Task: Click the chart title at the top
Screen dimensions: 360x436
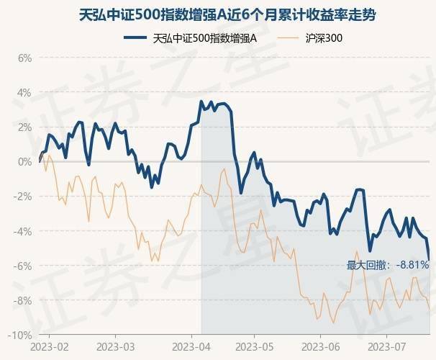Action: pos(217,14)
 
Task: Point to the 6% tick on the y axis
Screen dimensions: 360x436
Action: pos(24,58)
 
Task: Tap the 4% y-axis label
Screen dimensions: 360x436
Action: pos(24,92)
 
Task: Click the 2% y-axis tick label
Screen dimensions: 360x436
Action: pos(24,127)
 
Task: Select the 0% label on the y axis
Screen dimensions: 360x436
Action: pos(24,161)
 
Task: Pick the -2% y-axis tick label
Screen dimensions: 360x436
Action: pos(23,196)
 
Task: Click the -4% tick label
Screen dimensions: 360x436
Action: pos(23,231)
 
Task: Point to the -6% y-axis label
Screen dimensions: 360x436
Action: pos(23,266)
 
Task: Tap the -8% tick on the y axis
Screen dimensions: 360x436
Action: pos(23,300)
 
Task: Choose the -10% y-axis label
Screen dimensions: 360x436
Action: pos(21,335)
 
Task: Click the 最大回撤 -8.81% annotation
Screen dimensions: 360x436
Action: pos(388,265)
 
